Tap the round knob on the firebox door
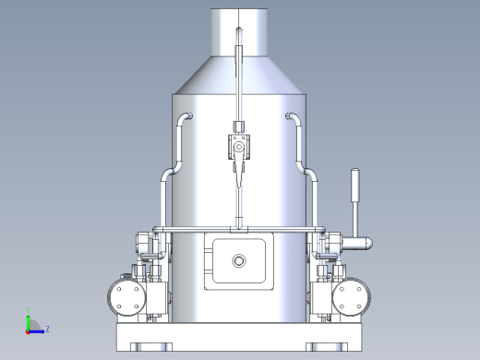239,261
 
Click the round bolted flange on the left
126,297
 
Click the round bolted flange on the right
352,297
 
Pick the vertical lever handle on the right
354,198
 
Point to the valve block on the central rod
238,147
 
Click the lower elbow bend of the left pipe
167,174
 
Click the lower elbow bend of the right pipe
311,174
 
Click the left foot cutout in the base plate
148,347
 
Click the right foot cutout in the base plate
330,347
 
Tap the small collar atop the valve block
238,126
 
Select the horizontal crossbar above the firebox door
239,228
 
